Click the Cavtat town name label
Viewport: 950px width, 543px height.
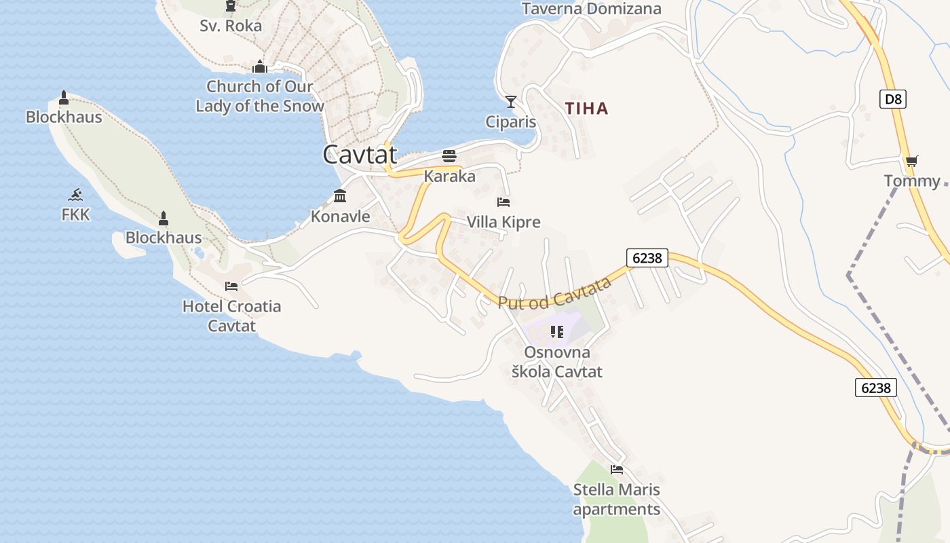pyautogui.click(x=360, y=154)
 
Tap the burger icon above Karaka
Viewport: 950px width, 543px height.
pyautogui.click(x=449, y=156)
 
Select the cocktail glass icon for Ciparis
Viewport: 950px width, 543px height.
pyautogui.click(x=511, y=102)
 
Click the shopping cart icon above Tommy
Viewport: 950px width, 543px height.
pyautogui.click(x=911, y=162)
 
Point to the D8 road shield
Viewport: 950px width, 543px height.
pyautogui.click(x=894, y=100)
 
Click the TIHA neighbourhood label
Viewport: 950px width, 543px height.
pyautogui.click(x=587, y=109)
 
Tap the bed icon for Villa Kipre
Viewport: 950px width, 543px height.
pyautogui.click(x=503, y=202)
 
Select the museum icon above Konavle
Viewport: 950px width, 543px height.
pyautogui.click(x=340, y=196)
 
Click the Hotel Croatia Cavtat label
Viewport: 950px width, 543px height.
pyautogui.click(x=231, y=316)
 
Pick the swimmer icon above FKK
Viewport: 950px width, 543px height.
pyautogui.click(x=75, y=195)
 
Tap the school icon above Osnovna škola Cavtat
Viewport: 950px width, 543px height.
pyautogui.click(x=556, y=332)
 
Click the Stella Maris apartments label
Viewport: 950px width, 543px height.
pyautogui.click(x=616, y=500)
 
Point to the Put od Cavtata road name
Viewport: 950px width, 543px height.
pyautogui.click(x=555, y=293)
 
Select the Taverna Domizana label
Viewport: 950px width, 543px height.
pyautogui.click(x=591, y=9)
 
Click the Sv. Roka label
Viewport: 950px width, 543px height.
pyautogui.click(x=231, y=26)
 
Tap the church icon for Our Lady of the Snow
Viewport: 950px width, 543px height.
pyautogui.click(x=259, y=67)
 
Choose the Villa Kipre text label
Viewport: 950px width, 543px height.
pyautogui.click(x=503, y=222)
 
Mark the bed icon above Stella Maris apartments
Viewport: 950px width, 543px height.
pyautogui.click(x=616, y=469)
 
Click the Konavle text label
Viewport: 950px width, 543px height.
pyautogui.click(x=340, y=217)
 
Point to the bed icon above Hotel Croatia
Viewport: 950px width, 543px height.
pyautogui.click(x=231, y=286)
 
